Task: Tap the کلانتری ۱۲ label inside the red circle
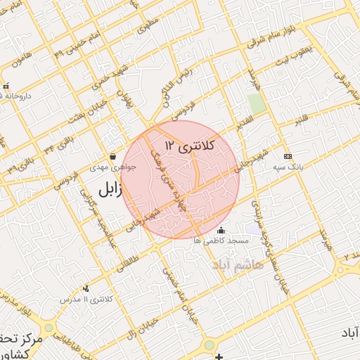pos(188,146)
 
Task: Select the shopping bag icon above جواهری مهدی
pos(113,156)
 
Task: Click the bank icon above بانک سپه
pos(287,156)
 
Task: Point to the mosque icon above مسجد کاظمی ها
pos(221,230)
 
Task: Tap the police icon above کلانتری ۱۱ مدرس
pos(86,288)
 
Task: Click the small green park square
pos(256,103)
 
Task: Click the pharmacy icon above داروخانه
pos(6,86)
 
